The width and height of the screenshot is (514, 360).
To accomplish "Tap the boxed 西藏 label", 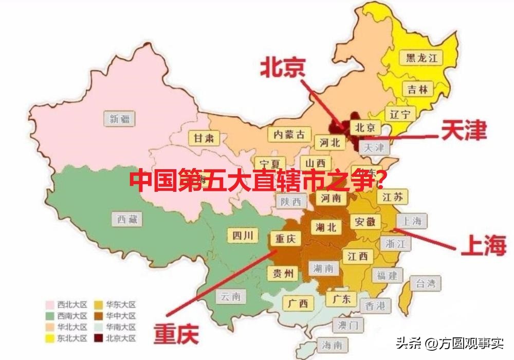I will [127, 220].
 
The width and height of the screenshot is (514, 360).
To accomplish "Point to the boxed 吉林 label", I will [417, 89].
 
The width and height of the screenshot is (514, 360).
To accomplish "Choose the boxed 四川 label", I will [242, 236].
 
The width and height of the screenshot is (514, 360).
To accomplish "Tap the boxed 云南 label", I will [230, 296].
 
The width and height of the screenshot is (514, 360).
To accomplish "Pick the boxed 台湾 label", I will [425, 283].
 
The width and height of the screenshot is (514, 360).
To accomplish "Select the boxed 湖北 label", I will [326, 226].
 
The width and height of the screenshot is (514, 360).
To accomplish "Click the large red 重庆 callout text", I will [176, 334].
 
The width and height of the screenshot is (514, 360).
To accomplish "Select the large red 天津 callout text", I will [463, 131].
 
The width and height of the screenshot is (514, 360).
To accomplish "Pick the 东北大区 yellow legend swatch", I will [50, 338].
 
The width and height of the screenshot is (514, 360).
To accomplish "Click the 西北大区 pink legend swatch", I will [50, 304].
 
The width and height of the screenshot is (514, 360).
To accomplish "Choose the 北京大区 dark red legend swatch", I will [99, 338].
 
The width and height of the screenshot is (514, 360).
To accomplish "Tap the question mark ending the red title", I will [380, 181].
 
